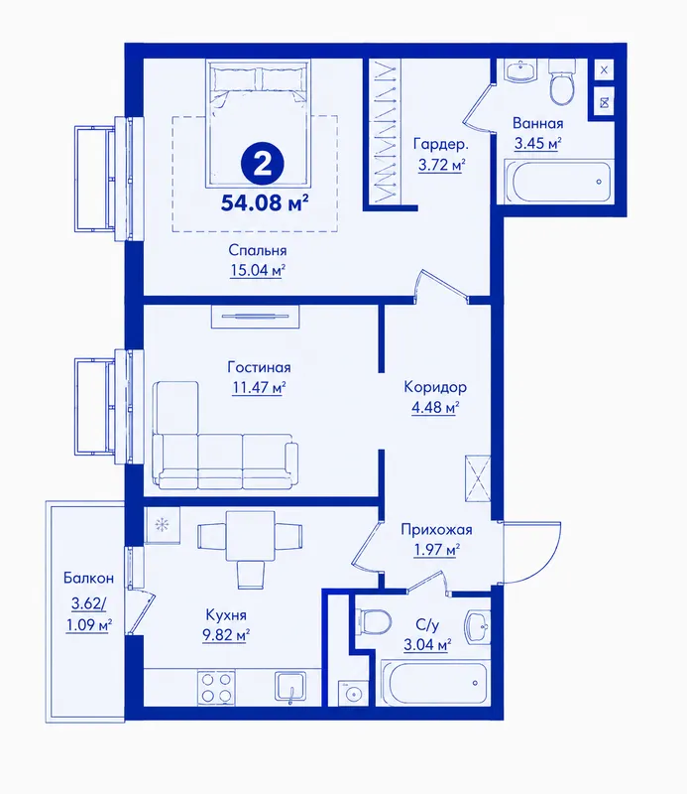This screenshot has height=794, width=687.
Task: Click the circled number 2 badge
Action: (x=262, y=164)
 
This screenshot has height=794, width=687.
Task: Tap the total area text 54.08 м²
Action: (x=265, y=203)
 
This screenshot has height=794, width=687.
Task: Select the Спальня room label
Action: (x=258, y=250)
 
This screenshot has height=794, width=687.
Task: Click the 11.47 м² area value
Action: (x=259, y=388)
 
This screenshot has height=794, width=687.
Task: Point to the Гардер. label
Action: (x=440, y=144)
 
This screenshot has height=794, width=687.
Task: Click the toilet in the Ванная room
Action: (x=562, y=82)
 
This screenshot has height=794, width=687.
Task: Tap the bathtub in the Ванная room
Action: (x=559, y=182)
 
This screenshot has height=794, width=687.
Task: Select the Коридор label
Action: (x=435, y=387)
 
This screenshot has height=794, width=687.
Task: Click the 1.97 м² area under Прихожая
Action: (x=436, y=550)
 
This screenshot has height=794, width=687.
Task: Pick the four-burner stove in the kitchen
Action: (x=216, y=687)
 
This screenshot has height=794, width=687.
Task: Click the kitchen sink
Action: (x=290, y=687)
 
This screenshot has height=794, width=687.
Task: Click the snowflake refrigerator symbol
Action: (x=162, y=525)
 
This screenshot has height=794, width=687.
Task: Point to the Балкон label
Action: (x=88, y=578)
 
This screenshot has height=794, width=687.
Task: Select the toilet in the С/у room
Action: (x=374, y=621)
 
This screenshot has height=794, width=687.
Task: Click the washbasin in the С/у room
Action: (x=478, y=626)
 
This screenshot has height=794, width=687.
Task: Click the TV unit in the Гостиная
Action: (x=255, y=317)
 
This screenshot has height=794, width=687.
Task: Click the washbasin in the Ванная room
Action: (x=520, y=70)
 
